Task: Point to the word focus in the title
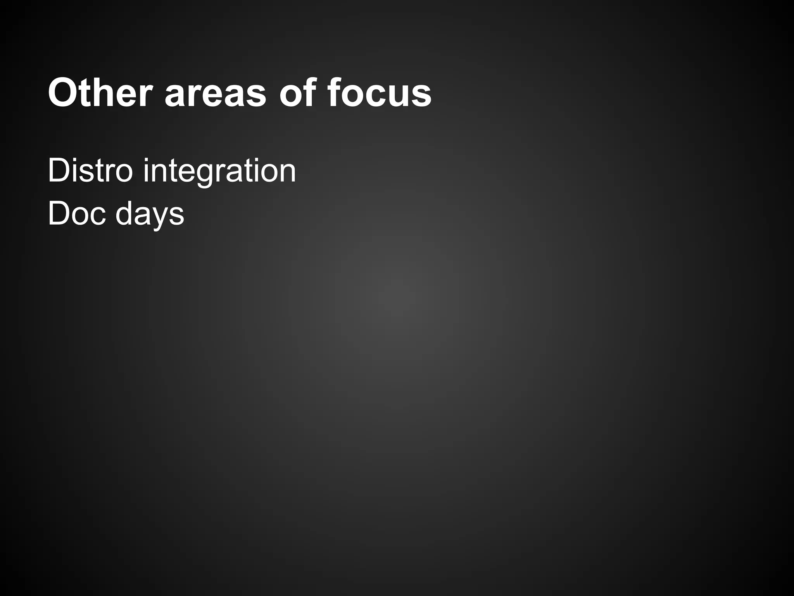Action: (x=379, y=93)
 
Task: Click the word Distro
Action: (x=90, y=171)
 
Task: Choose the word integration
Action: (x=219, y=171)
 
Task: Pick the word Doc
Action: (x=77, y=213)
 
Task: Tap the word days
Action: (x=150, y=214)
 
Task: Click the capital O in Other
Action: (x=63, y=94)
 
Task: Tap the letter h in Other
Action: (x=102, y=93)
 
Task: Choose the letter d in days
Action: (x=124, y=213)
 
